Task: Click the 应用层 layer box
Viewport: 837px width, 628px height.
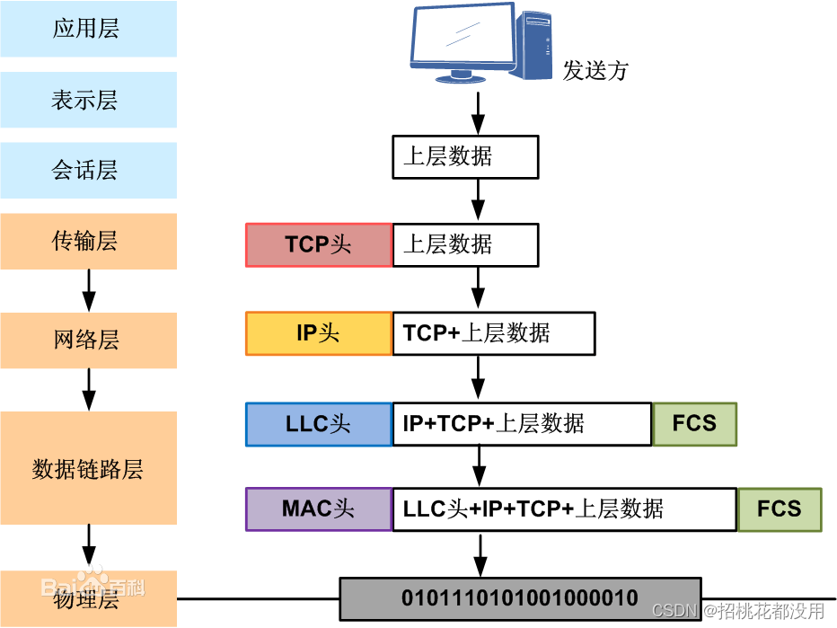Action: tap(88, 29)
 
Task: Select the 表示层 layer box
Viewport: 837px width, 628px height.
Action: tap(88, 100)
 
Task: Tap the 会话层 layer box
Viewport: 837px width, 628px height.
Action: tap(88, 171)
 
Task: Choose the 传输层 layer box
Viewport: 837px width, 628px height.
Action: tap(88, 241)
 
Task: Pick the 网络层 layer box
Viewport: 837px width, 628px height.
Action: tap(88, 341)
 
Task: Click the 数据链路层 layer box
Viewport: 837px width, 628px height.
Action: tap(88, 469)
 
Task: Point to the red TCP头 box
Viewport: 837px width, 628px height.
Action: tap(319, 245)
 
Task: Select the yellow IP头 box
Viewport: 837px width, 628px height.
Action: tap(319, 333)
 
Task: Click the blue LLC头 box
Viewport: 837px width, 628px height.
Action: tap(319, 424)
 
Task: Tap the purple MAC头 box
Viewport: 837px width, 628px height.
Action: tap(319, 509)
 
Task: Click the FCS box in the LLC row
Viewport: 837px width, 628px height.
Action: tap(694, 424)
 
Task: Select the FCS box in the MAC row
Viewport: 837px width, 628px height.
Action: tap(779, 509)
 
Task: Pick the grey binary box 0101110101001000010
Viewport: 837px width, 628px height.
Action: tap(519, 598)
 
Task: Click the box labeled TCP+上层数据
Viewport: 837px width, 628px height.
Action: tap(493, 333)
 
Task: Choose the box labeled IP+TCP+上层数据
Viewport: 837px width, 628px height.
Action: tap(521, 424)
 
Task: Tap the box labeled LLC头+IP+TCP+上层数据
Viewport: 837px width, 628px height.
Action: tap(564, 509)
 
